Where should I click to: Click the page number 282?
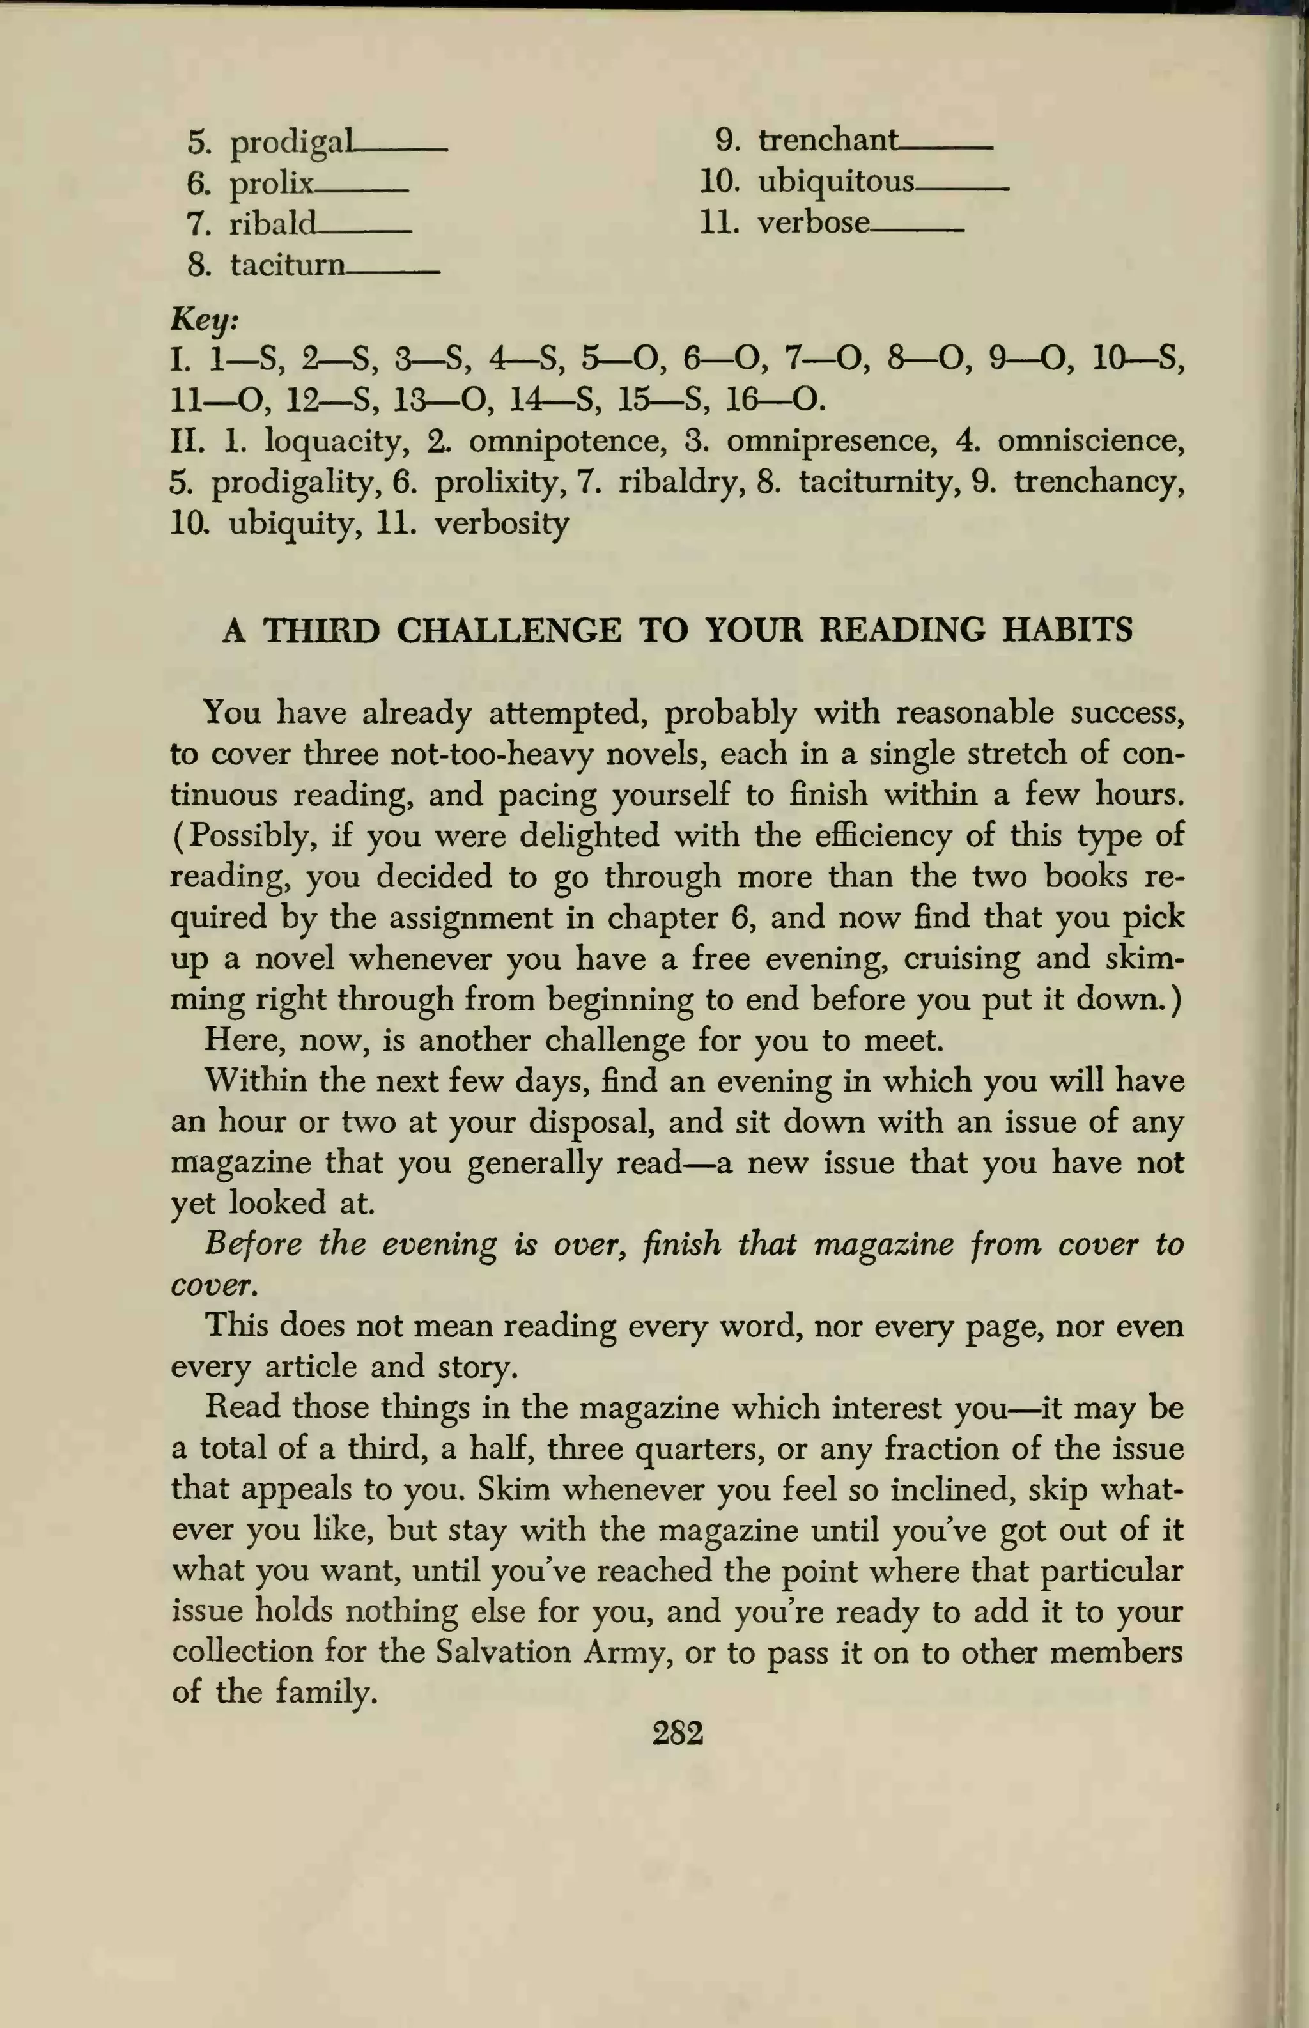[678, 1732]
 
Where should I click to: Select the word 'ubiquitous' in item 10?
[835, 182]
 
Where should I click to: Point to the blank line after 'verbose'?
[917, 230]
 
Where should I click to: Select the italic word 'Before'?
[253, 1244]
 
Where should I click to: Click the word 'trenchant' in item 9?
[827, 140]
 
